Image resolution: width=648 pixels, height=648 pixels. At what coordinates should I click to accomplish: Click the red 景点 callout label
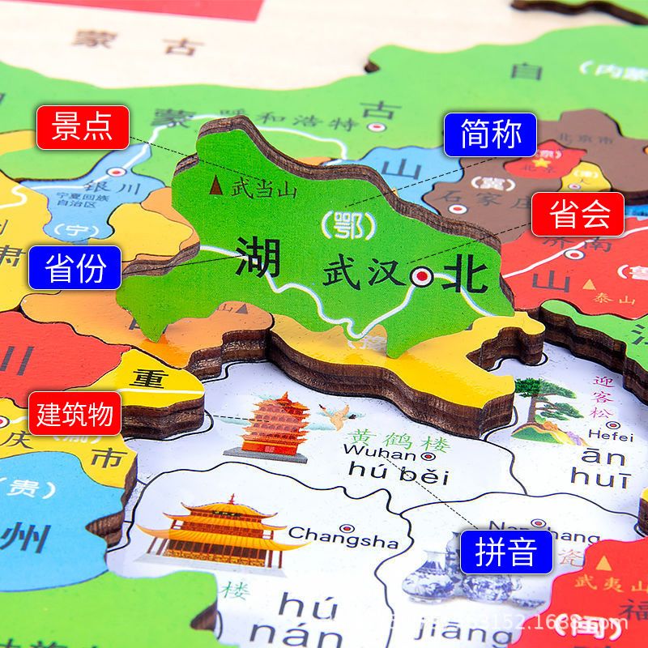pyautogui.click(x=83, y=127)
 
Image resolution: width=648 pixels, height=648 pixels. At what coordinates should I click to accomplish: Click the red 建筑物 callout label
pyautogui.click(x=75, y=414)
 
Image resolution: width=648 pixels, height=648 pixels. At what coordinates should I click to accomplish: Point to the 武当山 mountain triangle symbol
pyautogui.click(x=216, y=187)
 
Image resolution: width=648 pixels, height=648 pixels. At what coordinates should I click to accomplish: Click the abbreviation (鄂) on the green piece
pyautogui.click(x=343, y=224)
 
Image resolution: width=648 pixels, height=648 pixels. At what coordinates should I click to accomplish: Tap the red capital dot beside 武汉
pyautogui.click(x=421, y=278)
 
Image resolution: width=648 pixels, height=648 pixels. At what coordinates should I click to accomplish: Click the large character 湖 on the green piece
pyautogui.click(x=258, y=258)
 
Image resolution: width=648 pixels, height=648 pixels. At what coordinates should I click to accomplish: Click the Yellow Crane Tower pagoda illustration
pyautogui.click(x=266, y=424)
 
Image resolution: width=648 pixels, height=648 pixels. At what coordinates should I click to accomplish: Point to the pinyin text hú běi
pyautogui.click(x=396, y=474)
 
